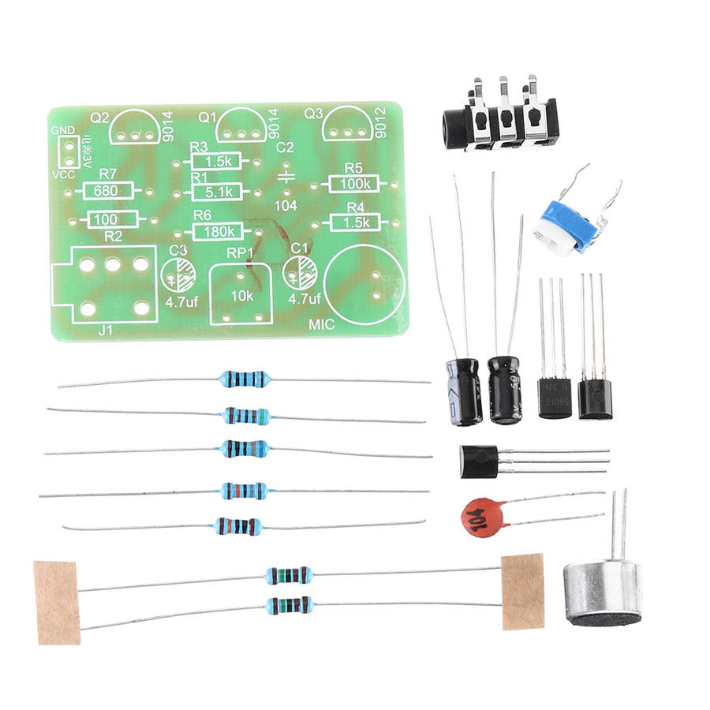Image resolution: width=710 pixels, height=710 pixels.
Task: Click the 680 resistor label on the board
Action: (108, 190)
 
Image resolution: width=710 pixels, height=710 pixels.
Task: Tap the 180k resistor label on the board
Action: (218, 231)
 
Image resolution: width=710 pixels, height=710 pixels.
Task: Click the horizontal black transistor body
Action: (478, 461)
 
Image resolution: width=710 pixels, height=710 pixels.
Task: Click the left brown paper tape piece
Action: (56, 602)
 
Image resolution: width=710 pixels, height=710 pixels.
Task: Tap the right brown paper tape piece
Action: (522, 591)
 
